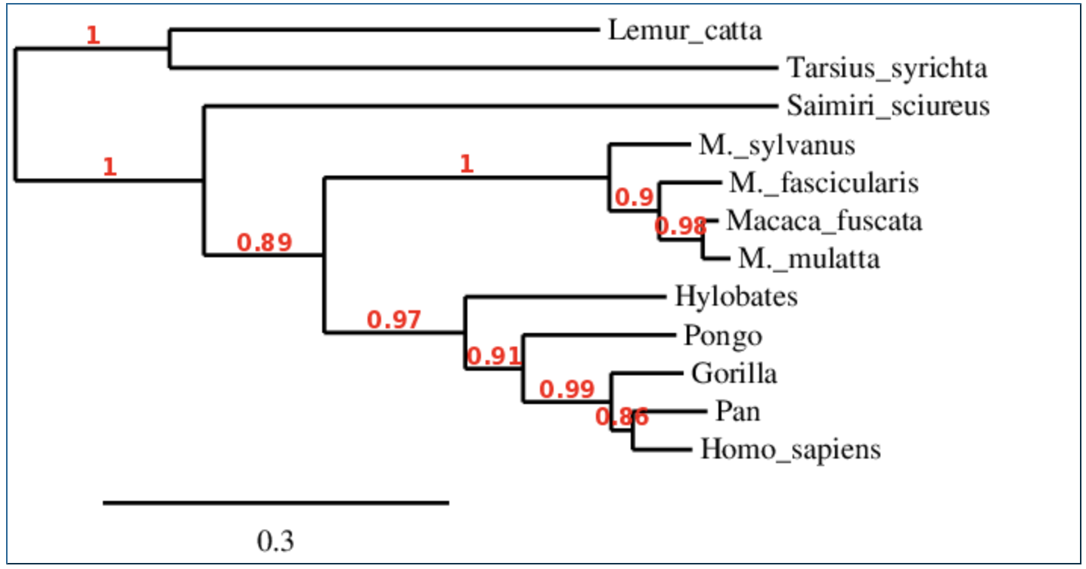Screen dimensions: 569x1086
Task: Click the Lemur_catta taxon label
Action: point(684,31)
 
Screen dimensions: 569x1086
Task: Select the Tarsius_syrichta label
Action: point(886,69)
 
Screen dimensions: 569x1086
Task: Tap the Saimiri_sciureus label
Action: point(887,106)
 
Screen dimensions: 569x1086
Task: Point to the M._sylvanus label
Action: point(777,145)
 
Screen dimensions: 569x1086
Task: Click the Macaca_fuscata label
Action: point(824,221)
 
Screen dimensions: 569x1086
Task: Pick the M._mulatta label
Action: point(809,259)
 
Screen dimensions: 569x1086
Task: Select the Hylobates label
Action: point(736,297)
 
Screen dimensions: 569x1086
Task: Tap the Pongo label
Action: point(723,335)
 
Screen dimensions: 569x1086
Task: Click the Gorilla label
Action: point(734,373)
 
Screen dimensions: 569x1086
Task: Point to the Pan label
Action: point(737,412)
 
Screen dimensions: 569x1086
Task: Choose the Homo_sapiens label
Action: point(790,449)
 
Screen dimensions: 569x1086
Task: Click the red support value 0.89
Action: point(265,242)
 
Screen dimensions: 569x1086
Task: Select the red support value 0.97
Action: point(393,320)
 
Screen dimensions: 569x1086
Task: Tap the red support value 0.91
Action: point(494,356)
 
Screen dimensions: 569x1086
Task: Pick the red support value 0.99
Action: point(566,390)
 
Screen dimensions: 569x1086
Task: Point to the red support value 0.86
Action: point(622,416)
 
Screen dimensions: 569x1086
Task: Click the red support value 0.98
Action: point(681,225)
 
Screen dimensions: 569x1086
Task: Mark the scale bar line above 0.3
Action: point(276,502)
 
